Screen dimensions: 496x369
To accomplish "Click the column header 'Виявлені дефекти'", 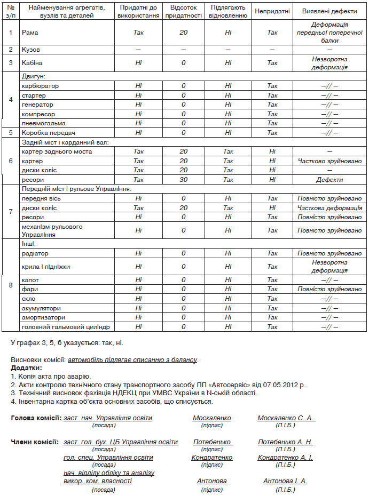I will point(329,12).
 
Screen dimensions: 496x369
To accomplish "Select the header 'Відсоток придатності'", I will point(183,12).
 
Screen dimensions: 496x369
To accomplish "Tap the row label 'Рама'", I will point(29,33).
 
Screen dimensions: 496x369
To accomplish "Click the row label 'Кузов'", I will point(32,50).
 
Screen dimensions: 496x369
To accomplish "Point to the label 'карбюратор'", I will point(40,86).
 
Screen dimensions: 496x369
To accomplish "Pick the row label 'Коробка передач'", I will point(48,133).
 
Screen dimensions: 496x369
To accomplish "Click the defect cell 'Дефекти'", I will point(329,180).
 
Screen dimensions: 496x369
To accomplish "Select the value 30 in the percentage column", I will point(183,180).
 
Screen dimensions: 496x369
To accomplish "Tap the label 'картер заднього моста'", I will point(57,151).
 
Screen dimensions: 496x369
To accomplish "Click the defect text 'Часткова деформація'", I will point(329,208).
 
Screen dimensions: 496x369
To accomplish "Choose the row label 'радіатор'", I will point(35,253).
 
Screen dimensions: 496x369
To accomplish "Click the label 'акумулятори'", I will point(41,308).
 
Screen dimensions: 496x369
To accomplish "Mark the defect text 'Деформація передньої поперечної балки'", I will point(329,33).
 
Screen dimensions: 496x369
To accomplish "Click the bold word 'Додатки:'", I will point(26,368).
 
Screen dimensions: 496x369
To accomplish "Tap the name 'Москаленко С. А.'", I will point(286,418).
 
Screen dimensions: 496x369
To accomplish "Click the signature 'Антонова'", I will point(211,481).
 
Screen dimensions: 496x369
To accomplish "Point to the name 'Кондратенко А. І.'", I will point(285,458).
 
